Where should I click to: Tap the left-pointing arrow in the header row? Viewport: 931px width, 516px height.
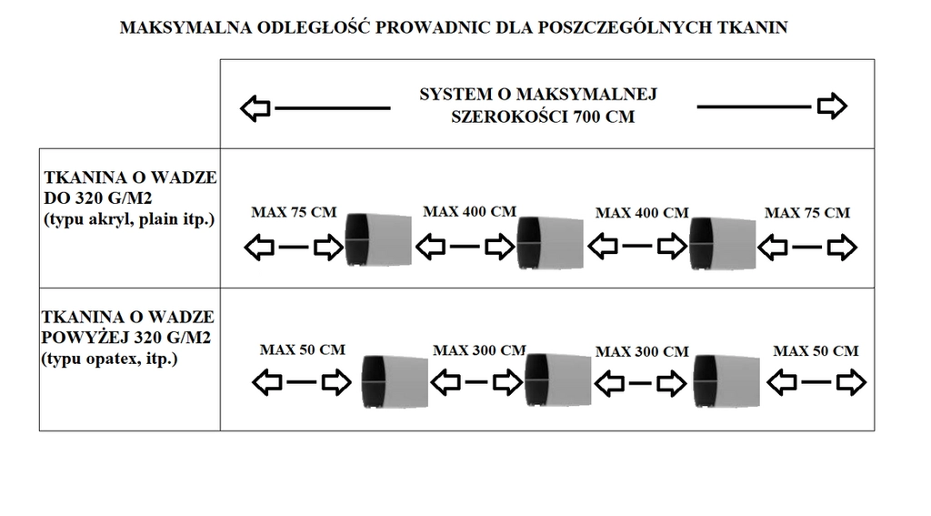[x=255, y=108]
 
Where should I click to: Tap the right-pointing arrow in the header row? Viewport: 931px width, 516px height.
[x=832, y=106]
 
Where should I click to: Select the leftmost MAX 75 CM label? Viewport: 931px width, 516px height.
[x=294, y=213]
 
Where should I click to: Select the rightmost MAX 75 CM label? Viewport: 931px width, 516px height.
[x=807, y=213]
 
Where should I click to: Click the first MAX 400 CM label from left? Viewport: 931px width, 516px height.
[x=470, y=212]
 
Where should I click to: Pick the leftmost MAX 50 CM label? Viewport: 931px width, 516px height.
[x=303, y=349]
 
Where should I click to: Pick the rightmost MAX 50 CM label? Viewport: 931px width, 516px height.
[x=816, y=350]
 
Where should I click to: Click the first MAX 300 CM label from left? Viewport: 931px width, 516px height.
[x=479, y=350]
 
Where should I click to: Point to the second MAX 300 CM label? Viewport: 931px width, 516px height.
[x=642, y=351]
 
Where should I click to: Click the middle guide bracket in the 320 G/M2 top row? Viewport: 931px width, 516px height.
[x=548, y=242]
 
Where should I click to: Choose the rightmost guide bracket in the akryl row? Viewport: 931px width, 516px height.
[x=722, y=242]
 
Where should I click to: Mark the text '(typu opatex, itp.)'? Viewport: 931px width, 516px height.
[x=109, y=360]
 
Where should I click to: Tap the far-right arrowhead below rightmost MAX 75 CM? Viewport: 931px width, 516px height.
[x=843, y=247]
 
